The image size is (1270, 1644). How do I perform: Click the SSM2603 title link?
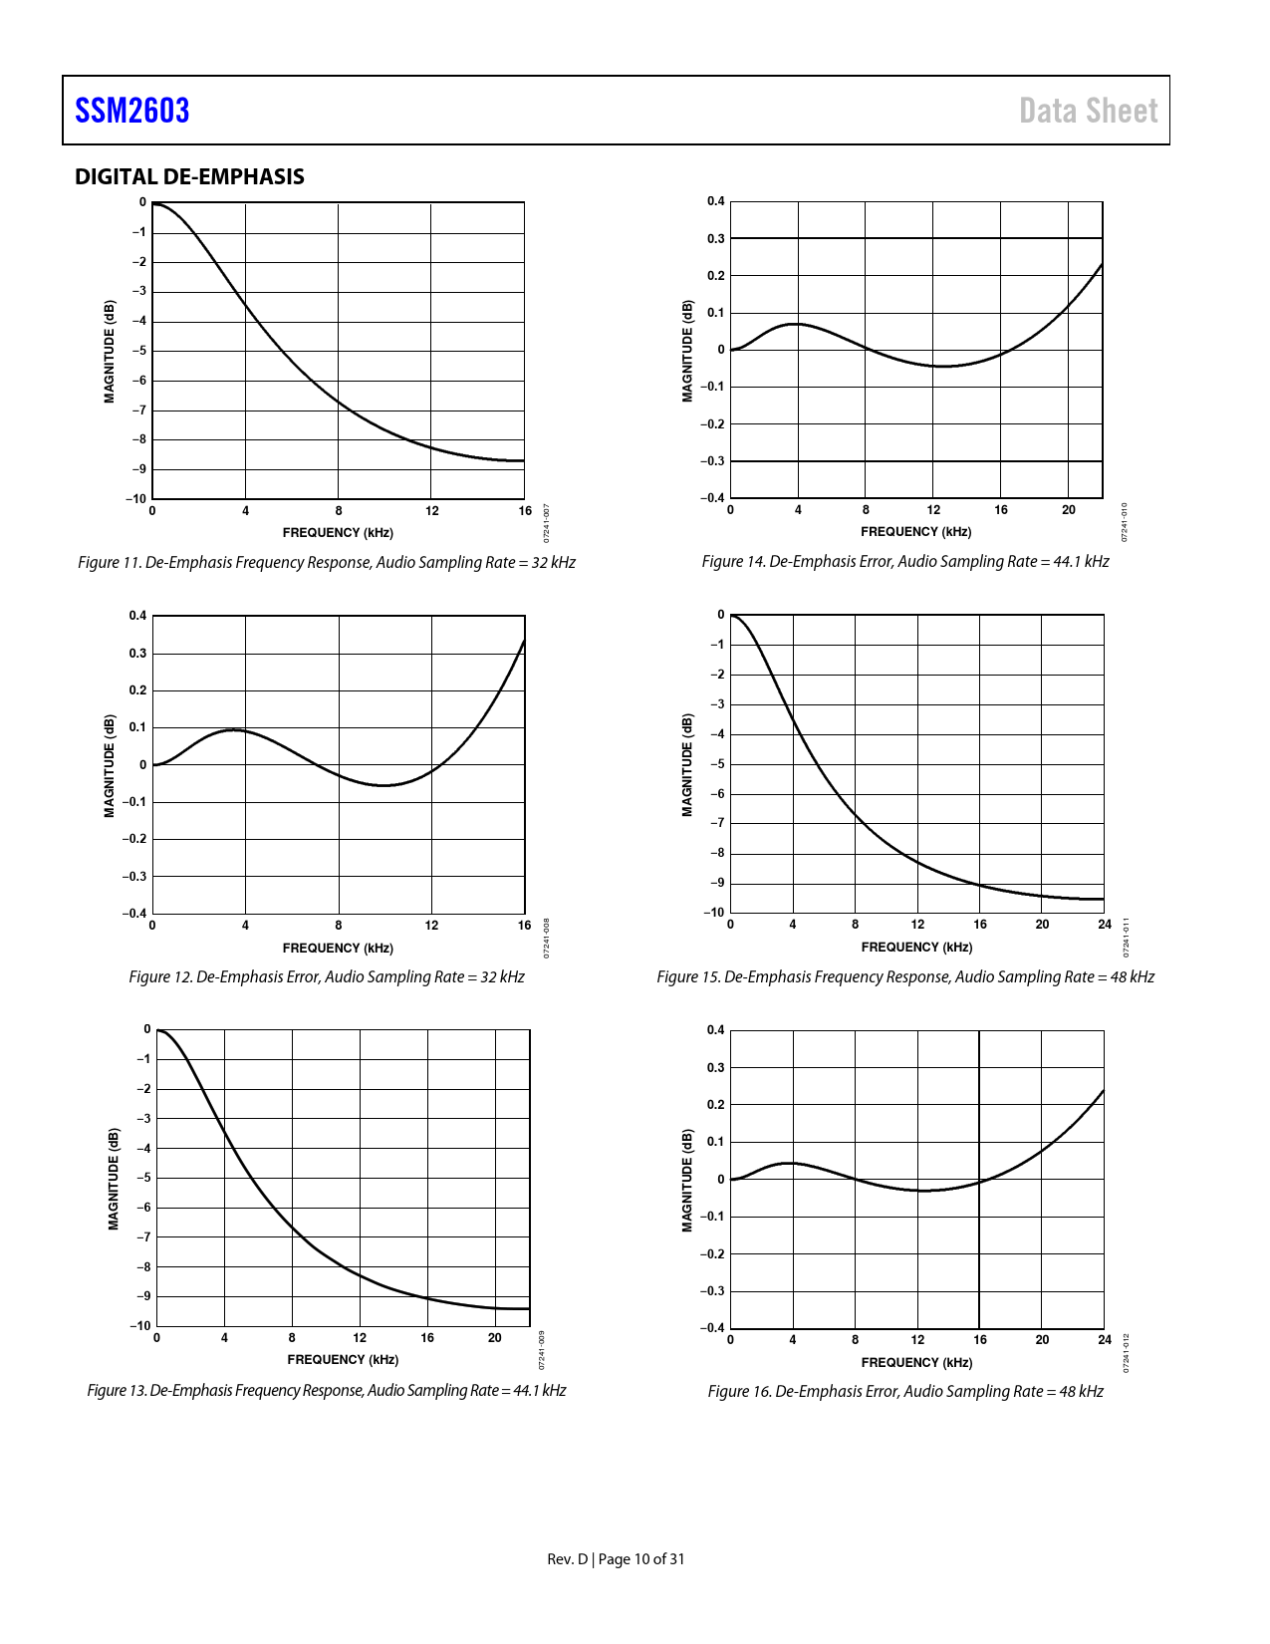[x=131, y=111]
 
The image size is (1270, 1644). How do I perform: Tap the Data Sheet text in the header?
[x=1088, y=111]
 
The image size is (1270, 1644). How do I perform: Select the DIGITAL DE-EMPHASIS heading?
[x=189, y=176]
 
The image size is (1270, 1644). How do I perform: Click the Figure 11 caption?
[x=327, y=562]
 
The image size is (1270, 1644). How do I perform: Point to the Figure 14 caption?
[x=904, y=561]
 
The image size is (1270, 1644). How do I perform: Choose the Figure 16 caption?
[x=904, y=1391]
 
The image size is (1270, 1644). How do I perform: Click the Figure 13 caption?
[x=327, y=1390]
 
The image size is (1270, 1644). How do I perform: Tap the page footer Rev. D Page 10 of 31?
[x=616, y=1559]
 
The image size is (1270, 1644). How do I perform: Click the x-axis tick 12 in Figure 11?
[x=431, y=511]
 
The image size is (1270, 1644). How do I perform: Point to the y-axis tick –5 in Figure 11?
[x=140, y=351]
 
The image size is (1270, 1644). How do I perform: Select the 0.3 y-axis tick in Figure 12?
[x=137, y=654]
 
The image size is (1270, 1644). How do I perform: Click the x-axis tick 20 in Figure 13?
[x=494, y=1338]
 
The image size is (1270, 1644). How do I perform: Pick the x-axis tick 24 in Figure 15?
[x=1104, y=925]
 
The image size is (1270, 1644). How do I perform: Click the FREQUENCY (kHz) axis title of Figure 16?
[x=916, y=1362]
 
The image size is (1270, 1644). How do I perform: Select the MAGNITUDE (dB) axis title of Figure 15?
[x=687, y=764]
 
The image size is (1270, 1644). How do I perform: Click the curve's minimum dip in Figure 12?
[x=384, y=785]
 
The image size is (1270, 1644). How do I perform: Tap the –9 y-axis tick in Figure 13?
[x=144, y=1296]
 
